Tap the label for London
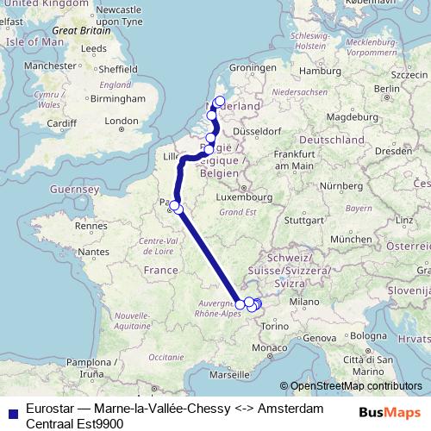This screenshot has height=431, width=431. pyautogui.click(x=122, y=122)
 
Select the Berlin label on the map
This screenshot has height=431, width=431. pyautogui.click(x=385, y=88)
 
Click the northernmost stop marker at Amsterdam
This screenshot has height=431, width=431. pyautogui.click(x=219, y=101)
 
